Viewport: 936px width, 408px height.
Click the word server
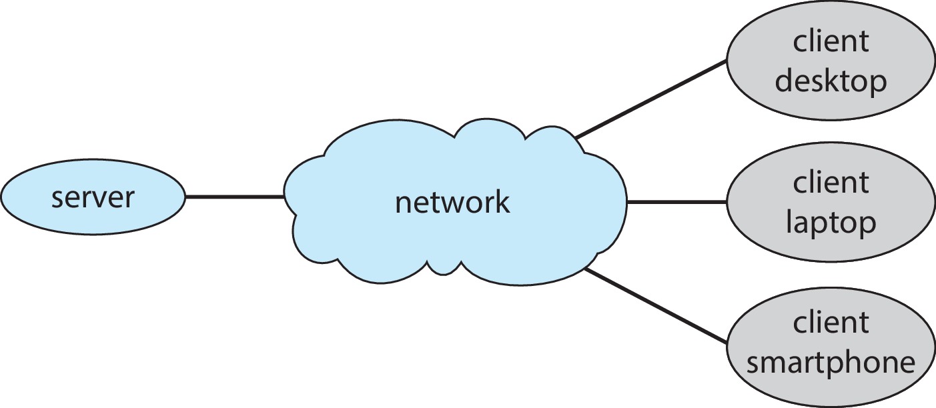(x=93, y=197)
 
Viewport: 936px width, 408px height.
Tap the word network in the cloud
(x=452, y=201)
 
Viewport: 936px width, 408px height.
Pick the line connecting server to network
(x=234, y=197)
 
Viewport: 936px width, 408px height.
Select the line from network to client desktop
(x=650, y=99)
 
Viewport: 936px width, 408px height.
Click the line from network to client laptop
(x=675, y=201)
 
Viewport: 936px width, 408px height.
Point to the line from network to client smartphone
(x=654, y=306)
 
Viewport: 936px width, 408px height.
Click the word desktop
(x=831, y=81)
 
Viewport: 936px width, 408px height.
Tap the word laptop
(x=831, y=223)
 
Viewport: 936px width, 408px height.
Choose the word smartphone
(x=831, y=363)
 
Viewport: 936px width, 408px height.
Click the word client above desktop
(x=831, y=42)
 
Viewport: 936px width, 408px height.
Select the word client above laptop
(x=831, y=182)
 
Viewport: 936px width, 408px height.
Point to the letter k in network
(x=500, y=201)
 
